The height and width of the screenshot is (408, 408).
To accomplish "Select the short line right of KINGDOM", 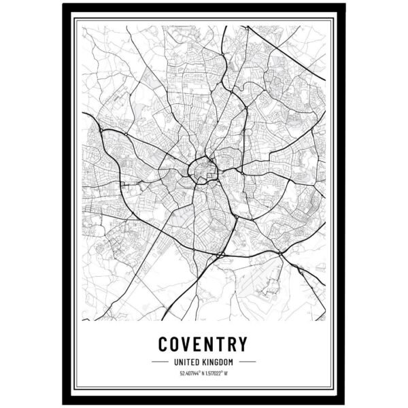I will tap(247, 361).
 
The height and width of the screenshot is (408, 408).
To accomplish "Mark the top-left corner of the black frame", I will tap(63, 5).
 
